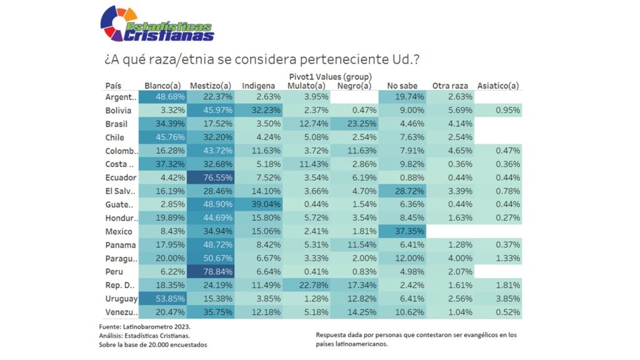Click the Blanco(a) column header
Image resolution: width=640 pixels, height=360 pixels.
click(x=162, y=86)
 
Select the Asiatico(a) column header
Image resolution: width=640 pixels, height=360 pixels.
click(x=498, y=86)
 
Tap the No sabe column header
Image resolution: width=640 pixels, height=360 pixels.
click(x=402, y=86)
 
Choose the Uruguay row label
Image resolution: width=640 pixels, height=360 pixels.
click(x=121, y=299)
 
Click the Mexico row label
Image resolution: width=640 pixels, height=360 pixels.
click(x=119, y=231)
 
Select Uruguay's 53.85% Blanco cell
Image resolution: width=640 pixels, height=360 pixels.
click(x=162, y=299)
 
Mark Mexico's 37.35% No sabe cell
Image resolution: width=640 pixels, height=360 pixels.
click(x=402, y=231)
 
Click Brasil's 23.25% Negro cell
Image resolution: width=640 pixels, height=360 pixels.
click(x=354, y=124)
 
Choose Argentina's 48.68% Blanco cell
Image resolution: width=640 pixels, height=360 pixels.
click(x=162, y=97)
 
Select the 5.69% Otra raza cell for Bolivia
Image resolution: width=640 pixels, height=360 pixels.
click(x=450, y=111)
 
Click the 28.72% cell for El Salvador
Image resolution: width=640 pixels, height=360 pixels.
click(x=402, y=191)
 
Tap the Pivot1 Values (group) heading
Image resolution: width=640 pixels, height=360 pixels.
click(x=331, y=76)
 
